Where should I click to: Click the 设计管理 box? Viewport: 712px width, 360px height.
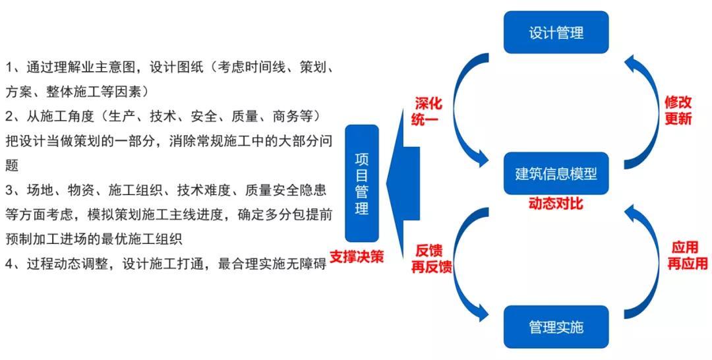click(556, 32)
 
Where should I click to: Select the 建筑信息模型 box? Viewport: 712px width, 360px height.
click(556, 173)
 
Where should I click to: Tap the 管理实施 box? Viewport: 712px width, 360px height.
click(556, 327)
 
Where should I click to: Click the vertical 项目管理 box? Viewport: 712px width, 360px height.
click(361, 183)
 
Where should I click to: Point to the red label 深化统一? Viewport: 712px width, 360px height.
click(427, 111)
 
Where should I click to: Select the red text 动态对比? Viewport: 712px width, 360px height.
click(556, 204)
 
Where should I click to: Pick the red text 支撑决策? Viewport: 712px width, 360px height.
click(357, 257)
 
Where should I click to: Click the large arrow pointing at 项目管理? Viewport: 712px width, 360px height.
click(404, 183)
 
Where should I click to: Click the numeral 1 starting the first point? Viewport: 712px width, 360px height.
click(9, 68)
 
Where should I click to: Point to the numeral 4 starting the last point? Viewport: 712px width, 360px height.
click(9, 264)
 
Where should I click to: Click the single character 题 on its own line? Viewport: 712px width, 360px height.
click(12, 166)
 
